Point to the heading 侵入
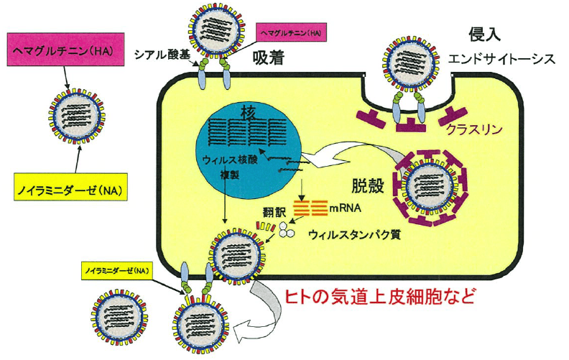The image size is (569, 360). click(x=483, y=34)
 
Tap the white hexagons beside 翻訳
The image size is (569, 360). click(x=287, y=228)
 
